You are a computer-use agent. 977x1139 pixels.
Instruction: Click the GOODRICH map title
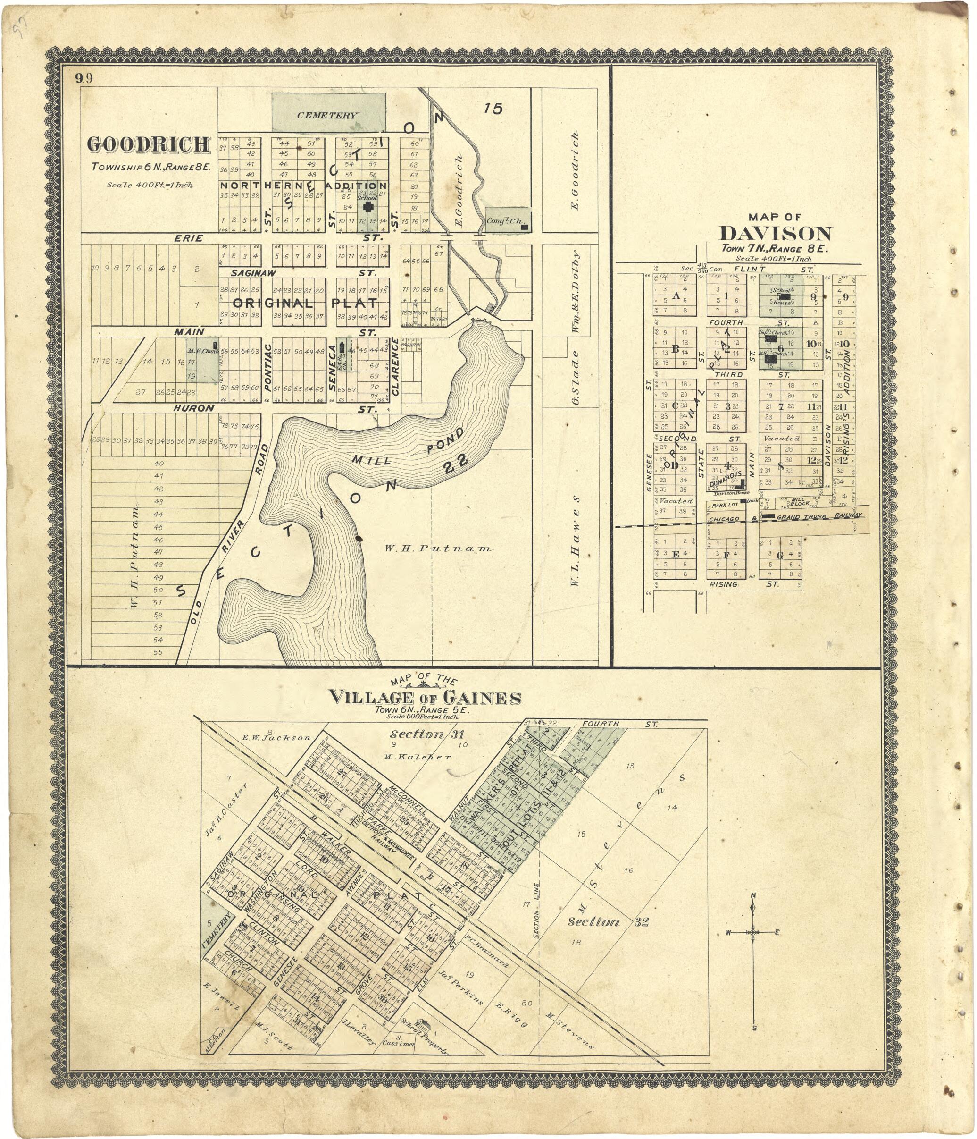(x=149, y=144)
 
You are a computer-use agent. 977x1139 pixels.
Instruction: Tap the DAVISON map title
(x=776, y=234)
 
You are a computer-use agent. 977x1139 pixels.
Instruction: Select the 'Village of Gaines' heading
(x=425, y=698)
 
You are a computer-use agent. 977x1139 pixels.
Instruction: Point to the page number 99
(x=84, y=78)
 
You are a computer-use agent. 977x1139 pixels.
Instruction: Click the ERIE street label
(x=189, y=238)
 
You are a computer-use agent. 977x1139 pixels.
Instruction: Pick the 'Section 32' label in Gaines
(x=608, y=922)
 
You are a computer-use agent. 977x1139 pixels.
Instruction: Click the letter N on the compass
(x=753, y=895)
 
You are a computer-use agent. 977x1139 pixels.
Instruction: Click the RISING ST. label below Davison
(x=723, y=584)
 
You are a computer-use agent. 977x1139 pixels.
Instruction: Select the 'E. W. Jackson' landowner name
(x=276, y=738)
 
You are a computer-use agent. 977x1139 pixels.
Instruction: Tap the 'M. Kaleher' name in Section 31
(x=417, y=757)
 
